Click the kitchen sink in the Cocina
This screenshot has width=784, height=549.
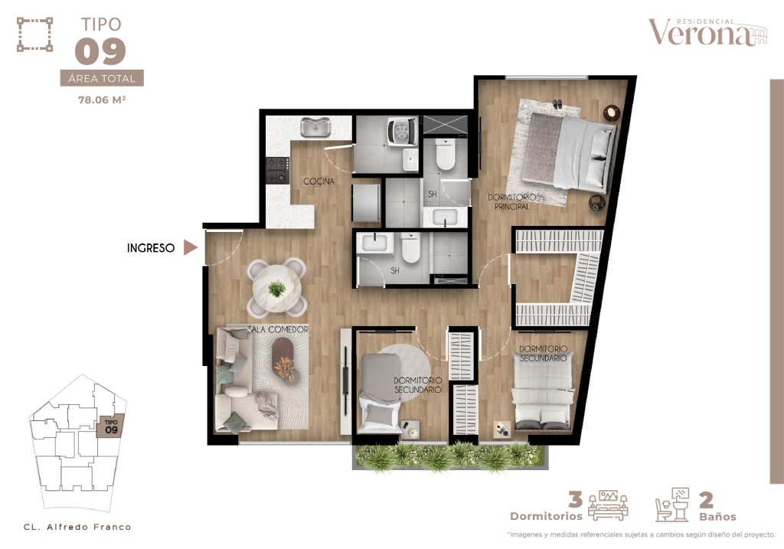315,127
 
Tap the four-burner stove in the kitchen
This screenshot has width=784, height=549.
277,170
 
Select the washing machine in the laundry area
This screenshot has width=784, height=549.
401,131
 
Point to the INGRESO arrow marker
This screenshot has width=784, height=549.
190,247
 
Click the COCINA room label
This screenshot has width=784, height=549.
319,181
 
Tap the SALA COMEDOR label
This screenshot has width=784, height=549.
278,330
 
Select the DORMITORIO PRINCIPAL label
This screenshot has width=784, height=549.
512,201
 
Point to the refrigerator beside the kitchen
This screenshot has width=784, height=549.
366,202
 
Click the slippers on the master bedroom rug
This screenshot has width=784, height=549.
557,104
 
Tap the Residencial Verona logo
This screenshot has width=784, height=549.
707,32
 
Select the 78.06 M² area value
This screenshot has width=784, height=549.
102,100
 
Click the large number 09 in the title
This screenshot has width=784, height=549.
100,51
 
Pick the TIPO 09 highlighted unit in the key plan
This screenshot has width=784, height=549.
111,427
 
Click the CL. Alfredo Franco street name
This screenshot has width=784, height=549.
77,527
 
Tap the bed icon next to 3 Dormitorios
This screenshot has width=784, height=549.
608,505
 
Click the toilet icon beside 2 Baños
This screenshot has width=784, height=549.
672,505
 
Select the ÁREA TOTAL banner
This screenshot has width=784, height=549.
102,78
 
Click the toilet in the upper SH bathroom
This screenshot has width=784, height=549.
445,155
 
